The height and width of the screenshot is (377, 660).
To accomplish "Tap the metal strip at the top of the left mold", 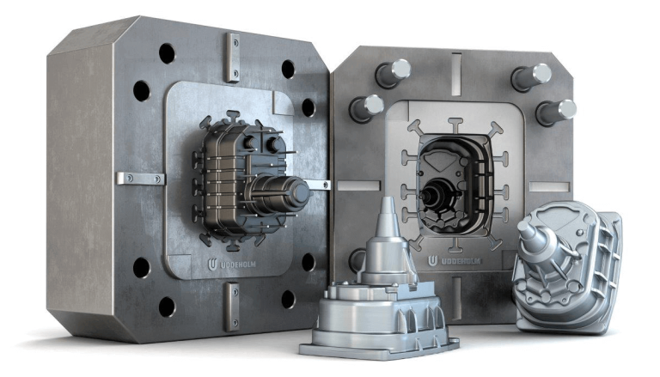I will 232,57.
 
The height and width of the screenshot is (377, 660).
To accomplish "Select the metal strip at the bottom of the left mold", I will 232,305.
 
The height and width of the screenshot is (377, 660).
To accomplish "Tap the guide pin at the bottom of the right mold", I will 360,258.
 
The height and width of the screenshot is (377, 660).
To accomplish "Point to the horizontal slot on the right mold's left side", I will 357,185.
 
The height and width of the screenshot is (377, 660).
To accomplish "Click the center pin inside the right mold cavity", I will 430,194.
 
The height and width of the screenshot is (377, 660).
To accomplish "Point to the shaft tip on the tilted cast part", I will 524,226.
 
